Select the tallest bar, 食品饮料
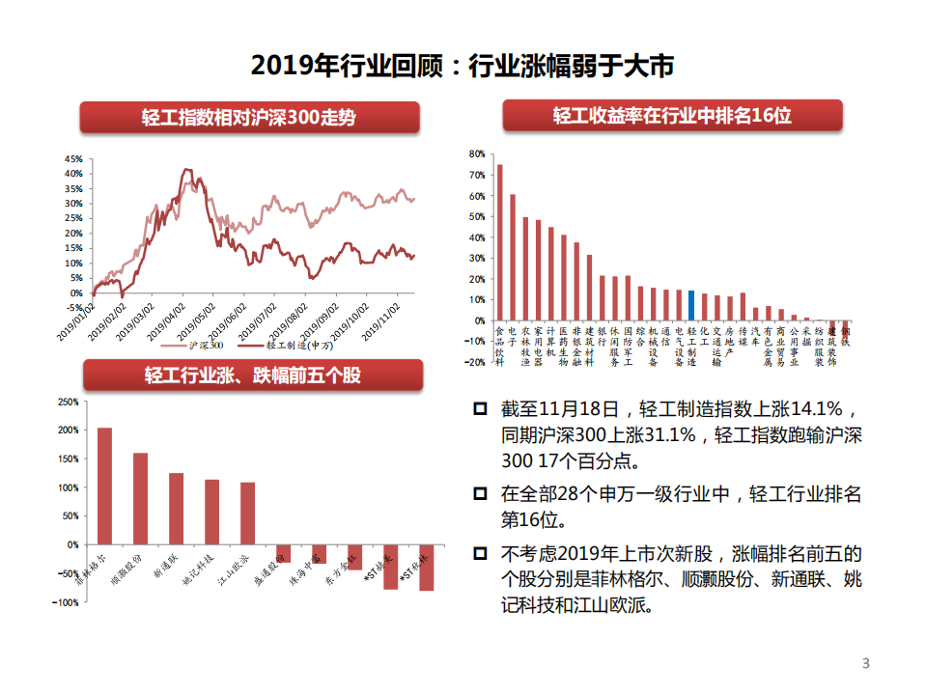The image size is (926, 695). [x=499, y=242]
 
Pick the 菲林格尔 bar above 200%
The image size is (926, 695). [x=105, y=486]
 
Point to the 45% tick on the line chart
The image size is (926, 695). [x=73, y=159]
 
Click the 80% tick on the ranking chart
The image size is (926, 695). [x=475, y=153]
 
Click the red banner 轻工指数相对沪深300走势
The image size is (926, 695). [x=249, y=118]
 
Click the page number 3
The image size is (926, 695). [x=865, y=663]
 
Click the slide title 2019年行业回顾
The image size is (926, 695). [x=462, y=66]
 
